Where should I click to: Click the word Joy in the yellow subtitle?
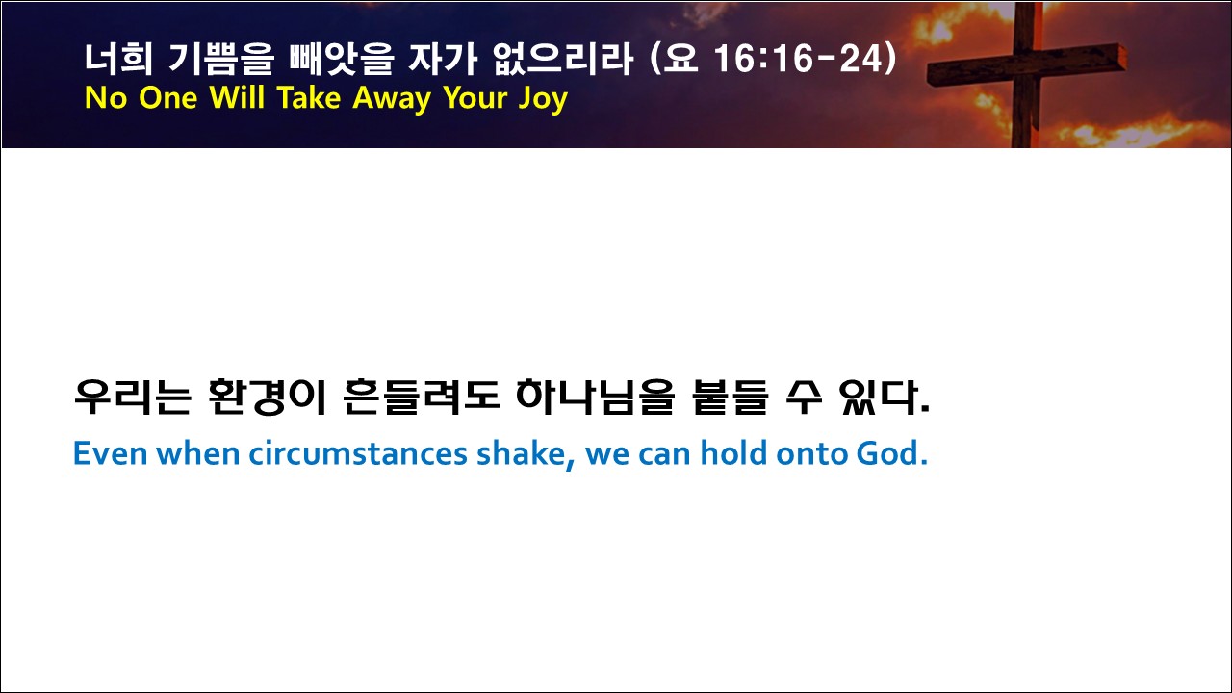[542, 99]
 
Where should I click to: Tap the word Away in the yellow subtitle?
[392, 99]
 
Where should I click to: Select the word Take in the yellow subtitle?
[309, 97]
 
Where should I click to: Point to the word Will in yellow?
[238, 97]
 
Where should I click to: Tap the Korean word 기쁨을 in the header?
[220, 59]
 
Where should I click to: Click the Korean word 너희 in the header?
[118, 59]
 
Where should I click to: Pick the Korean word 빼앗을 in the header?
[341, 59]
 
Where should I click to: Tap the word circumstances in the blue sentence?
[358, 453]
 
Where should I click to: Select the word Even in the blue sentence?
[110, 453]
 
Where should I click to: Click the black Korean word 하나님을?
[595, 397]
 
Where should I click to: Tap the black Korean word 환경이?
[268, 397]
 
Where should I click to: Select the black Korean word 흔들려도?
[422, 397]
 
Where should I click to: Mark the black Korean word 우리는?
[133, 397]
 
